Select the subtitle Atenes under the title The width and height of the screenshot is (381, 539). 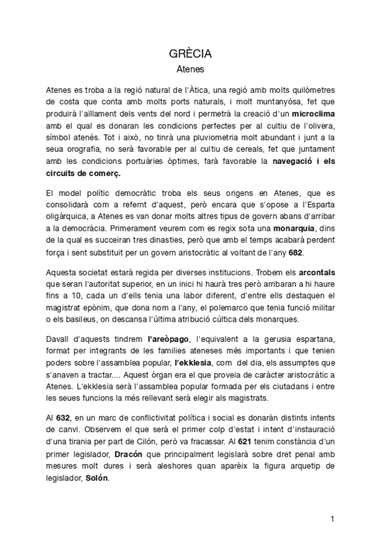[x=190, y=67]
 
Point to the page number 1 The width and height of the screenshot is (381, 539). [x=332, y=519]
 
